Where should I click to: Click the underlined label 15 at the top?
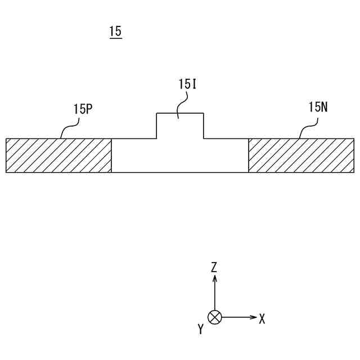(115, 31)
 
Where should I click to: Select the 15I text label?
(187, 85)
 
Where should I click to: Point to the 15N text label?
(318, 107)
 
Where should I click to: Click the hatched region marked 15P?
(58, 155)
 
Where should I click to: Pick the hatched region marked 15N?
(301, 155)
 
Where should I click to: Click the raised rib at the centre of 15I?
(180, 125)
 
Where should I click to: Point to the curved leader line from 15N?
(307, 128)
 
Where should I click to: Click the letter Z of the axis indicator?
(214, 267)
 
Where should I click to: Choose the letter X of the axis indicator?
(262, 319)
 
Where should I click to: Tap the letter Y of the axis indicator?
(200, 330)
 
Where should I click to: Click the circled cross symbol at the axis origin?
(214, 317)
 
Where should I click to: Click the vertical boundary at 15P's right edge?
(111, 155)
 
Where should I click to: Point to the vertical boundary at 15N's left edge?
(249, 155)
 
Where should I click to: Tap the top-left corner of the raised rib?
(156, 113)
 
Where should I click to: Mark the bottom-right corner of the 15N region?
(354, 172)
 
